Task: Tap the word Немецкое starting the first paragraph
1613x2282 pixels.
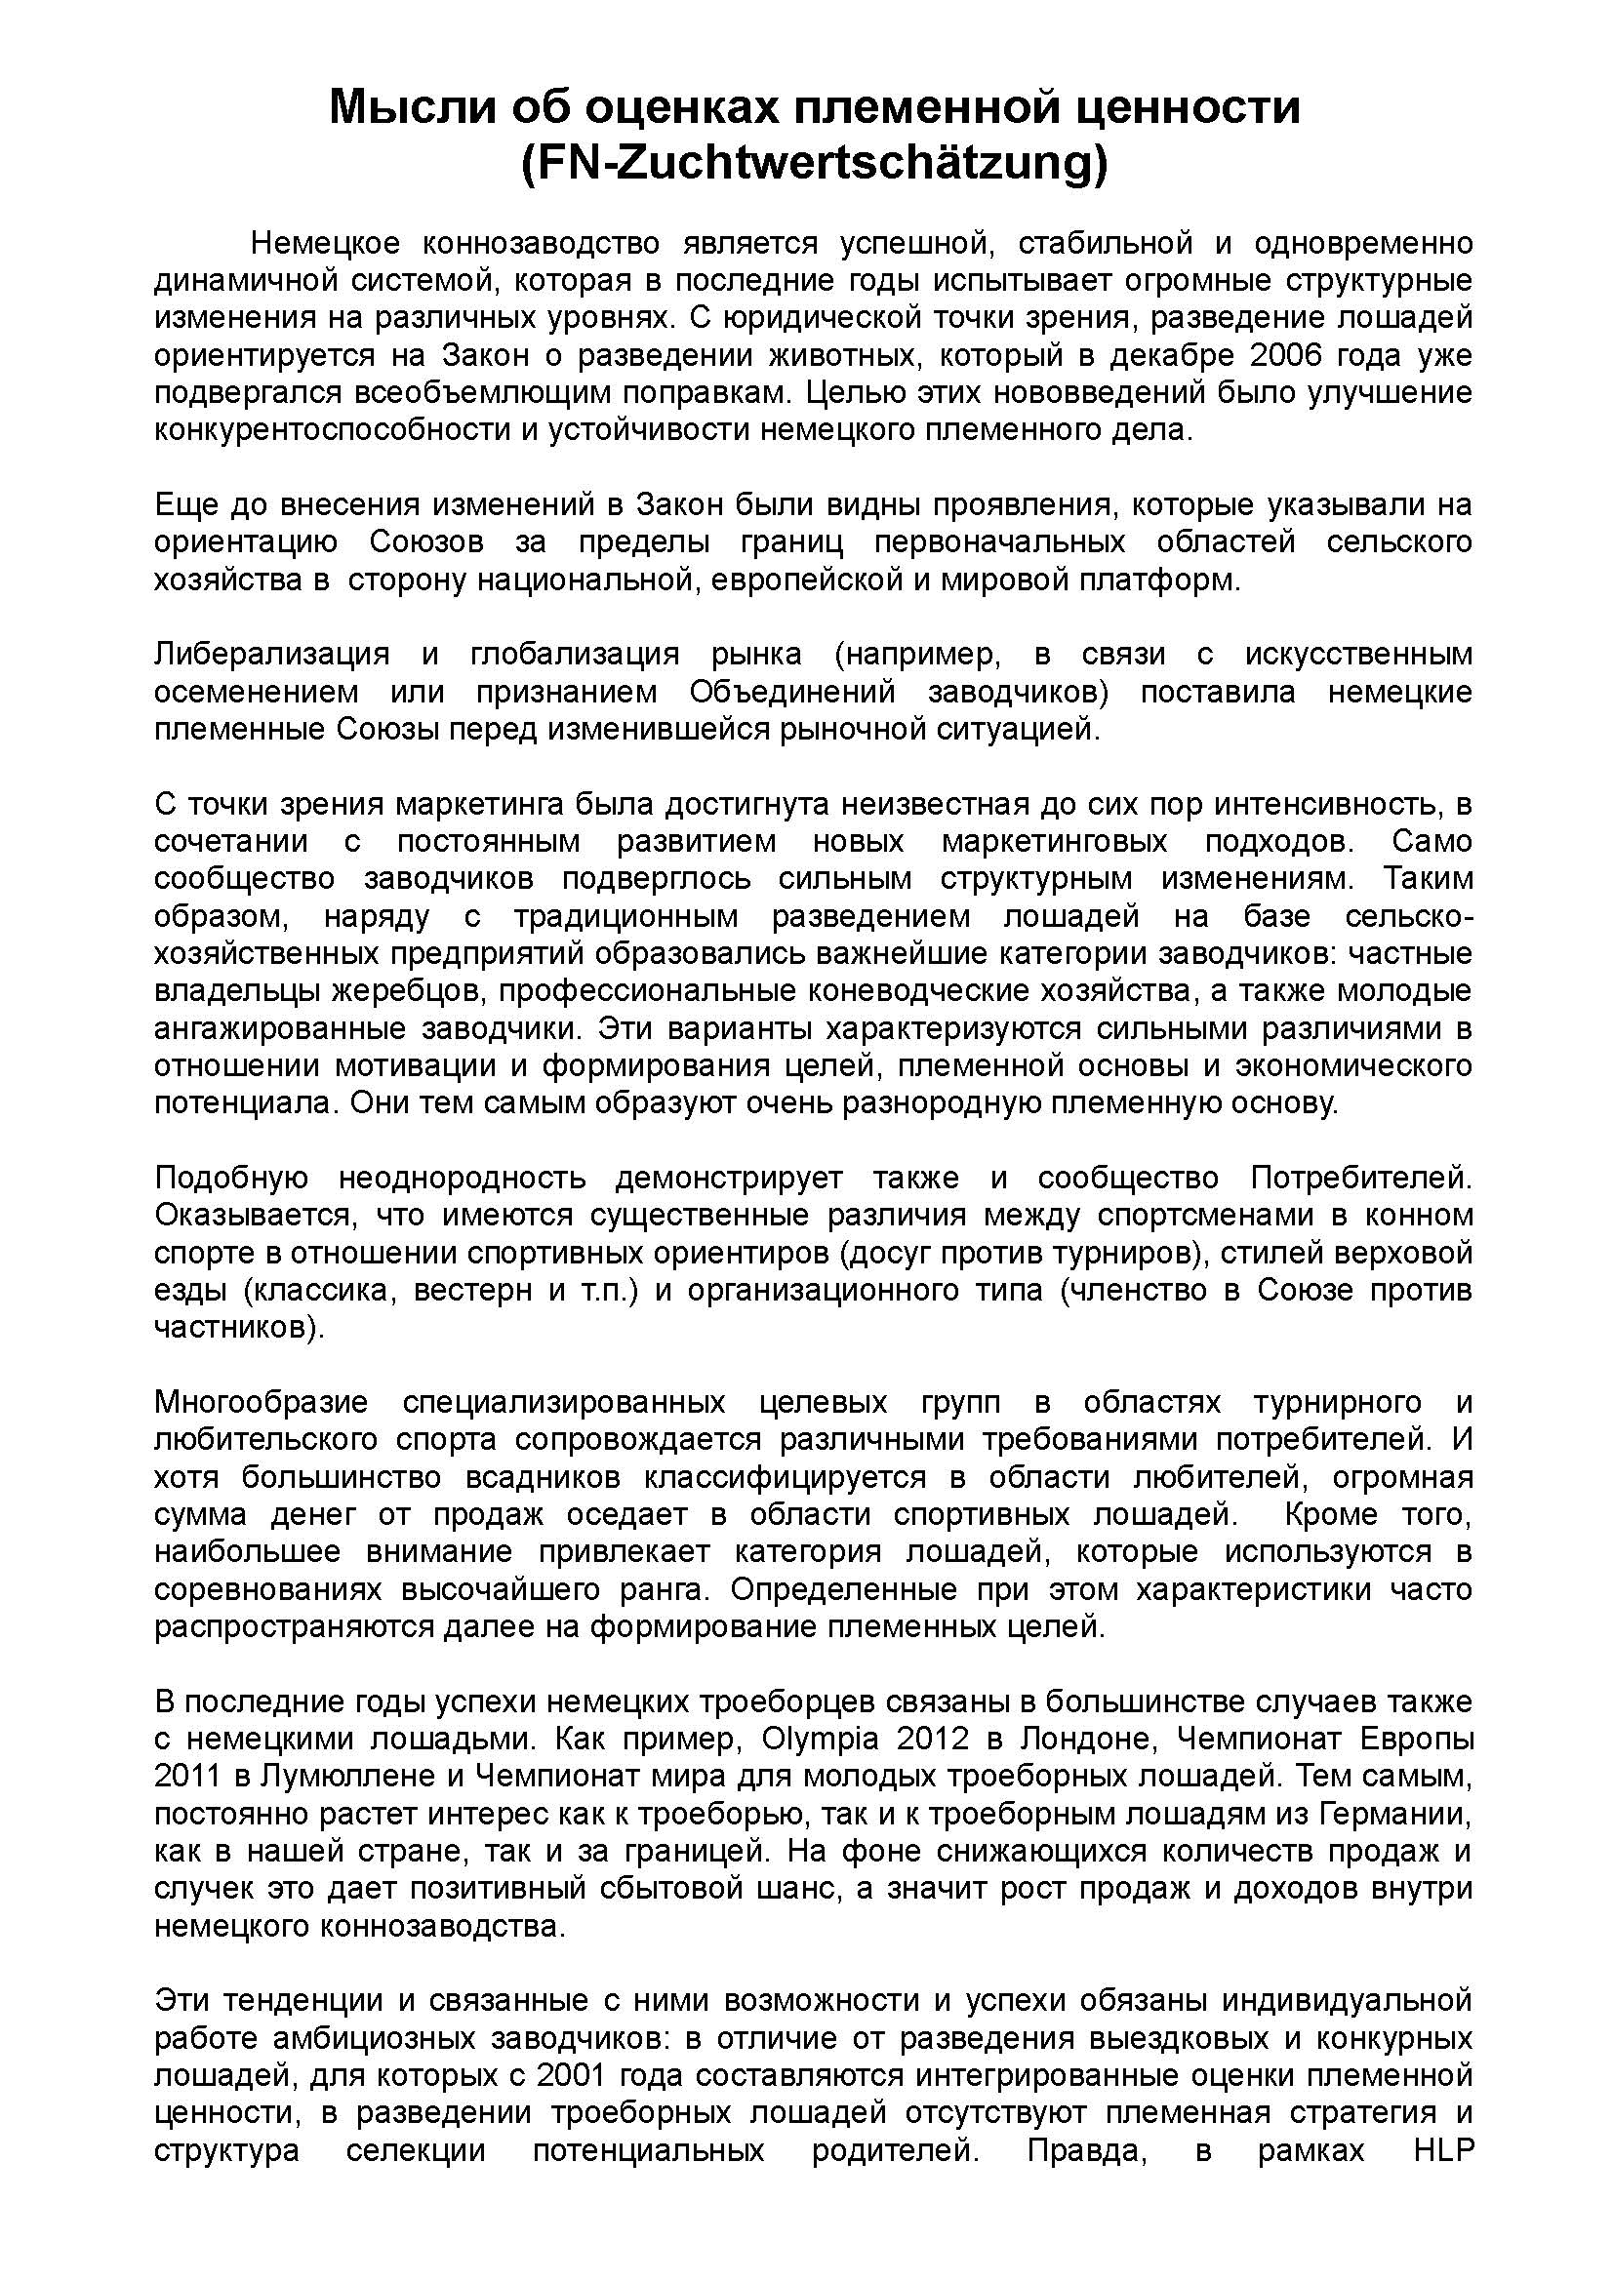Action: click(x=325, y=243)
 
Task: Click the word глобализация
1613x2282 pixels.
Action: click(x=575, y=655)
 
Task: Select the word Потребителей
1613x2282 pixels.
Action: click(x=1359, y=1179)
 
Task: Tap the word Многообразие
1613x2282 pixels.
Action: click(x=262, y=1403)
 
